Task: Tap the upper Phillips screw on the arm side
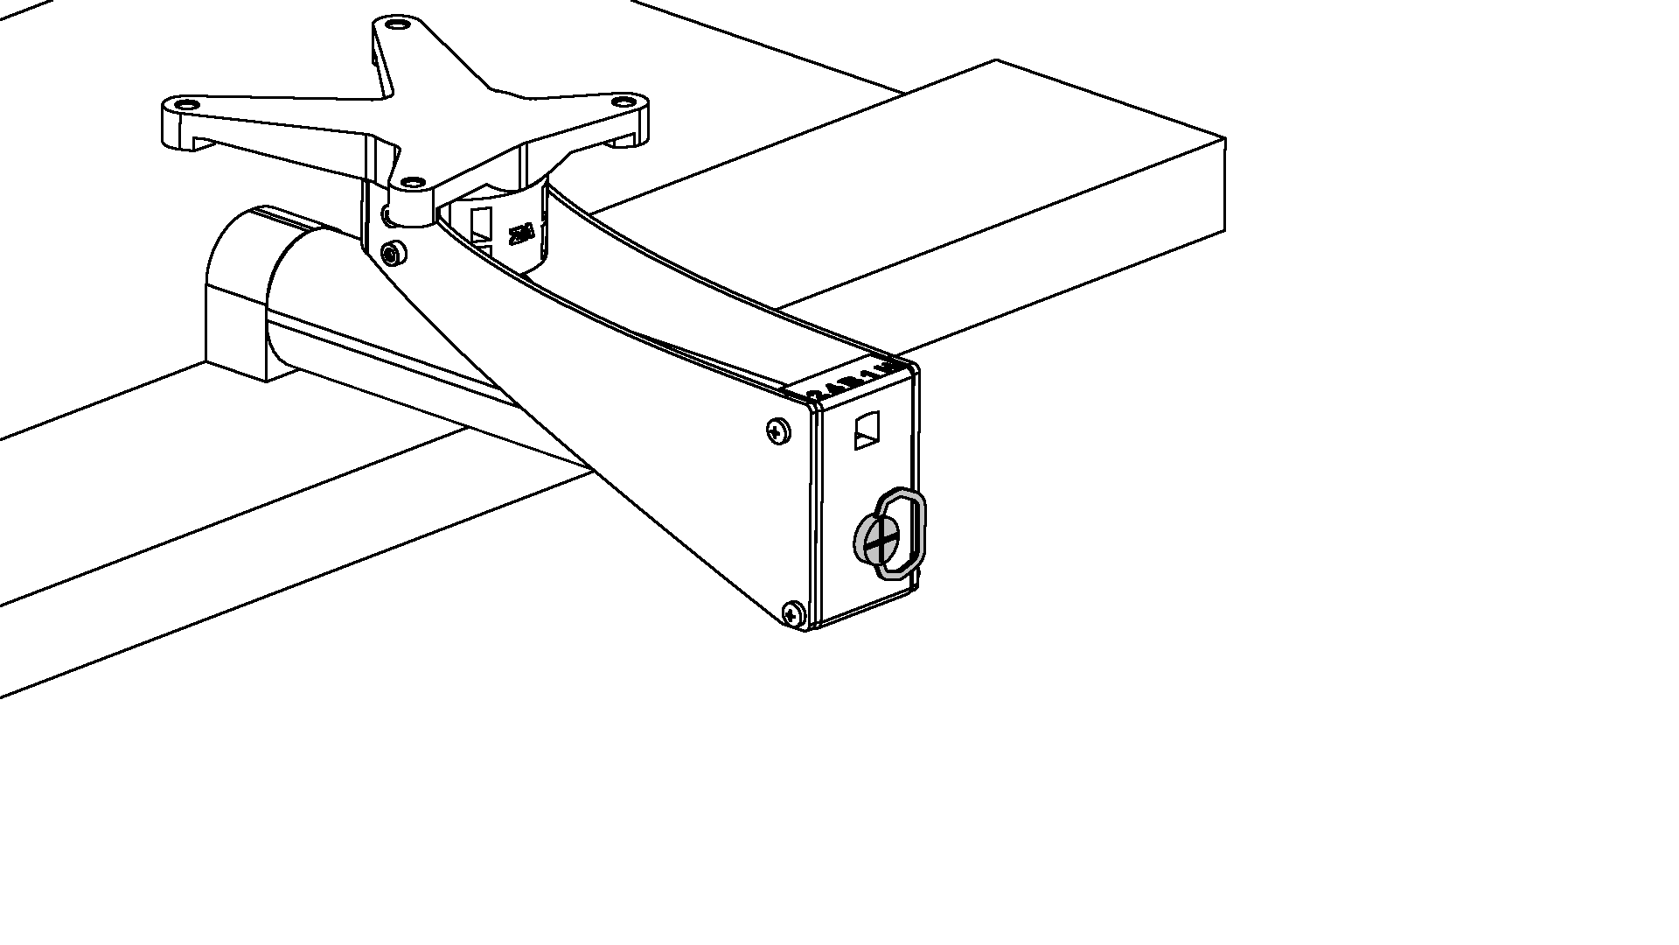coord(777,430)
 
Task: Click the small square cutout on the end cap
coord(867,430)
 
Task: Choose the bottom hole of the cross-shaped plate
coord(409,183)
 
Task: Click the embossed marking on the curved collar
coord(522,233)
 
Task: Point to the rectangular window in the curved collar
coord(481,225)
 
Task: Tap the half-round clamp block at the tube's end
coord(234,289)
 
